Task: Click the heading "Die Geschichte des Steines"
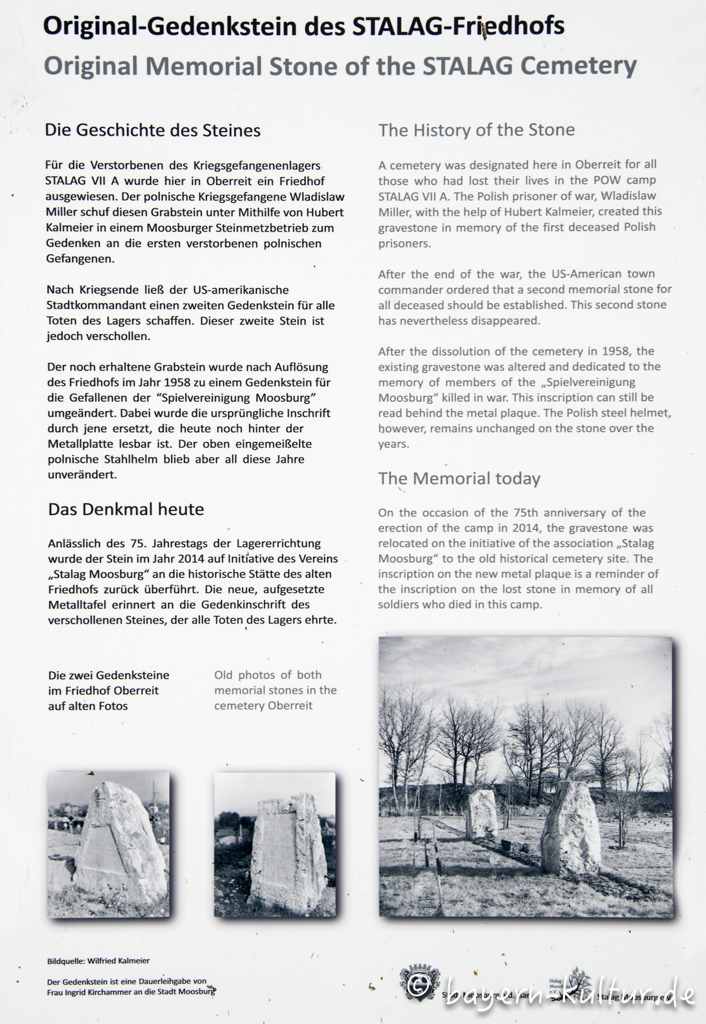point(152,131)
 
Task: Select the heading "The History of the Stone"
point(476,130)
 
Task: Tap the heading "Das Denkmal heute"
point(126,509)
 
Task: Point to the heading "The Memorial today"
point(459,479)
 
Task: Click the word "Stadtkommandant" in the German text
point(88,305)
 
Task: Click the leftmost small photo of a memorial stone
point(109,844)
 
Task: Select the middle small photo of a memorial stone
point(275,844)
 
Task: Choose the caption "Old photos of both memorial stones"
point(275,690)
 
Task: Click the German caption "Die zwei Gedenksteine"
point(109,675)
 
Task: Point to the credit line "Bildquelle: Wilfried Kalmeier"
point(99,961)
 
